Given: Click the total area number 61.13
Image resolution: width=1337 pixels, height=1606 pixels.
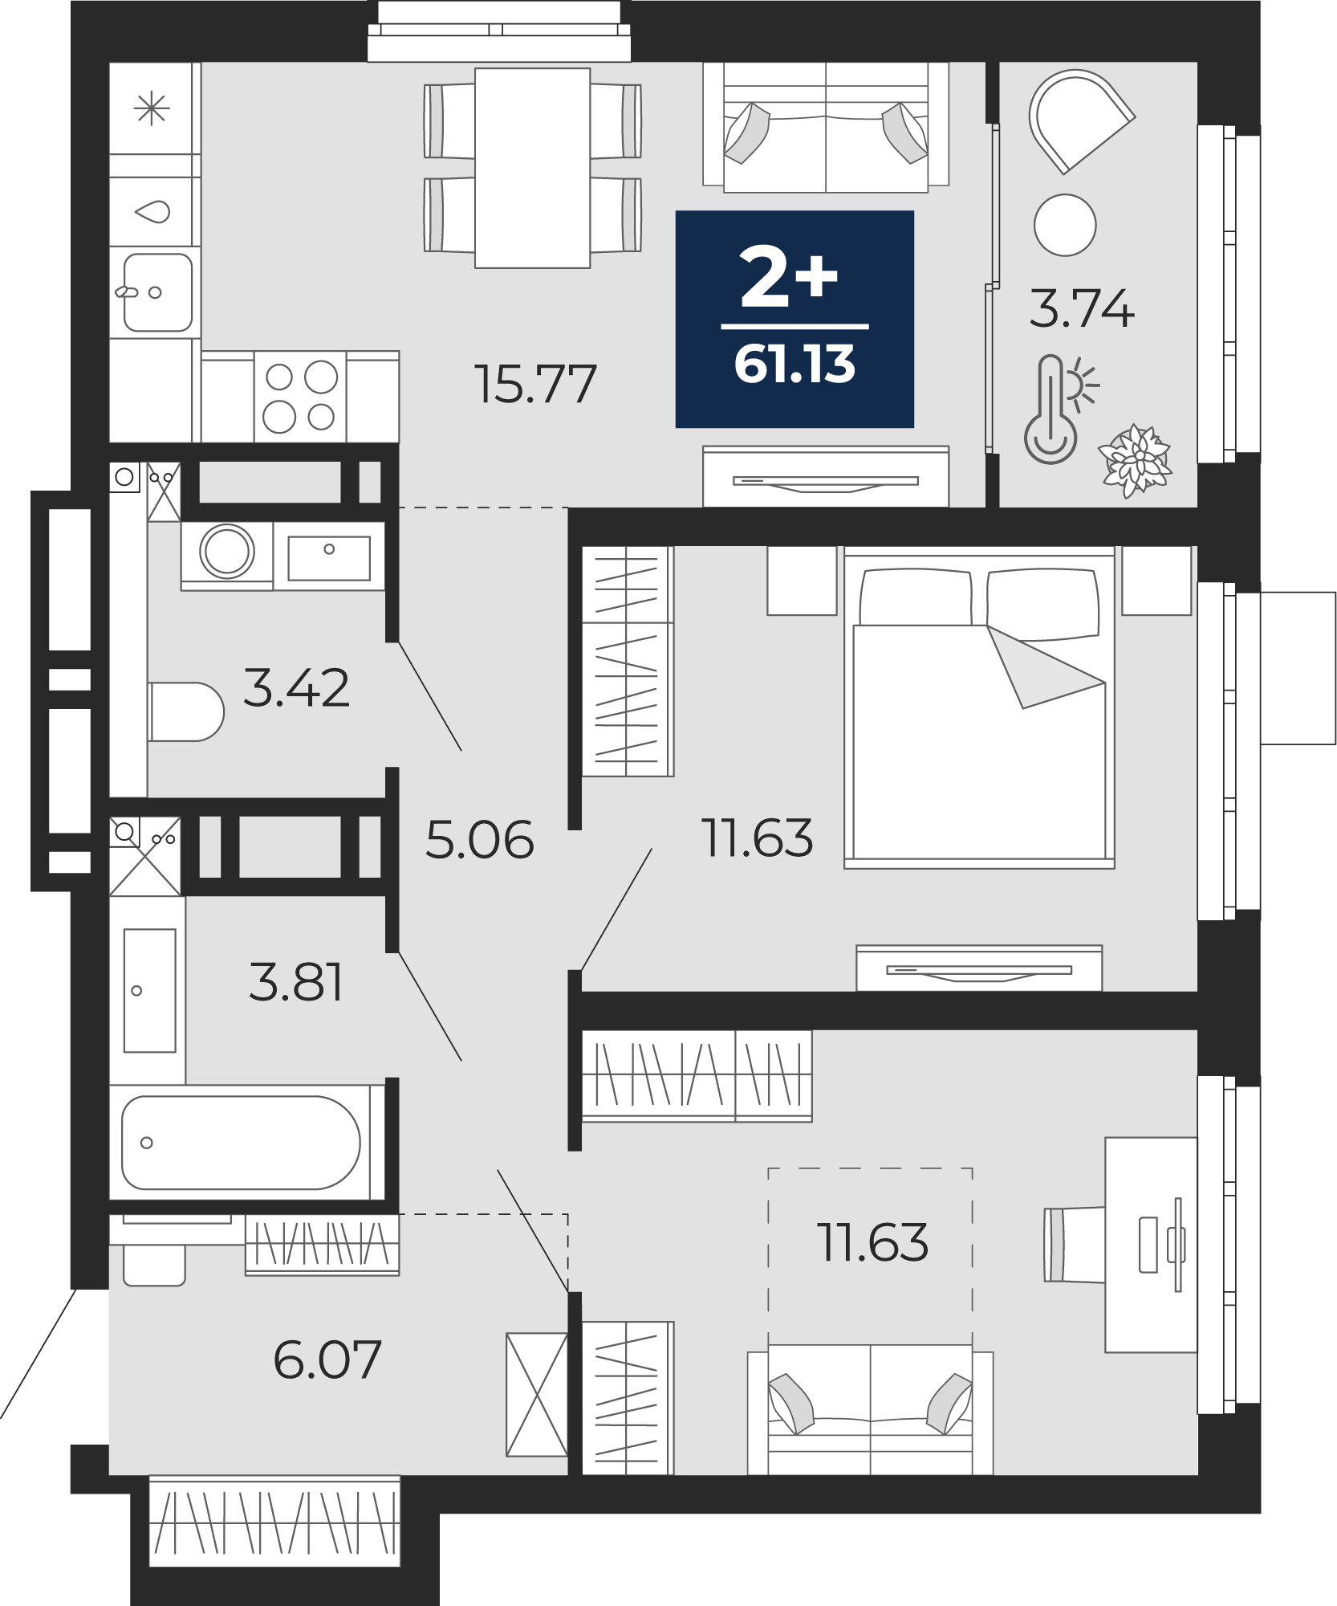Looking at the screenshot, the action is (x=794, y=364).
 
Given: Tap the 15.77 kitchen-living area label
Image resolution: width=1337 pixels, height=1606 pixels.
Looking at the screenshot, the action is (x=535, y=383).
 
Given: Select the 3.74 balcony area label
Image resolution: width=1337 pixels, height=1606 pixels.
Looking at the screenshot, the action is (x=1082, y=308).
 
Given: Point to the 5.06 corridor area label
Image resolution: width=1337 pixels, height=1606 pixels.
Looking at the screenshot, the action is (x=479, y=840).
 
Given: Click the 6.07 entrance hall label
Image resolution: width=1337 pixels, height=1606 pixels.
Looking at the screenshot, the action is (x=327, y=1359).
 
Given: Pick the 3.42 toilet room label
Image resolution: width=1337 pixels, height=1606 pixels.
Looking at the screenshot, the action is (x=296, y=688).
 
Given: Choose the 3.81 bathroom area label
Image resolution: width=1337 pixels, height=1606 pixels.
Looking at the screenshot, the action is (x=296, y=982).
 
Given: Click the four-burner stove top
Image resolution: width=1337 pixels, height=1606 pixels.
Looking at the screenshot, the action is (x=300, y=397).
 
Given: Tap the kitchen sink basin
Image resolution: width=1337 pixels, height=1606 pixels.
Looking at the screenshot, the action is (x=157, y=292).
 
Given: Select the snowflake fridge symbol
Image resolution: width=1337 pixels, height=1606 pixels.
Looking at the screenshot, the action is (x=152, y=108).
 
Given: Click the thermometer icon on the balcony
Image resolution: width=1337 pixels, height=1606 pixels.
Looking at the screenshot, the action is (x=1051, y=410).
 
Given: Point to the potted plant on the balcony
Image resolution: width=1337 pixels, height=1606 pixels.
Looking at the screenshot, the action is (x=1137, y=461).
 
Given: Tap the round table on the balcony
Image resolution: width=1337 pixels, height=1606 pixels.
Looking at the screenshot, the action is (x=1065, y=225).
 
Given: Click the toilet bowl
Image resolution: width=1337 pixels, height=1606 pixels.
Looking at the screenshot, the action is (x=186, y=711).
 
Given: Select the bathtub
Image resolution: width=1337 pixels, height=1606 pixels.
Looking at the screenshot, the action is (x=241, y=1143).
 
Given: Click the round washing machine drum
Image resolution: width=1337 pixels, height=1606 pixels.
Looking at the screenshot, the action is (x=227, y=552).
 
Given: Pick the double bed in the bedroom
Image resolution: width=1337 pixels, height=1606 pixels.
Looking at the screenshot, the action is (x=979, y=711).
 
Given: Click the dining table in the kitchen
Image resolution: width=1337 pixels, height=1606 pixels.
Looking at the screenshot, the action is (x=533, y=168).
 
